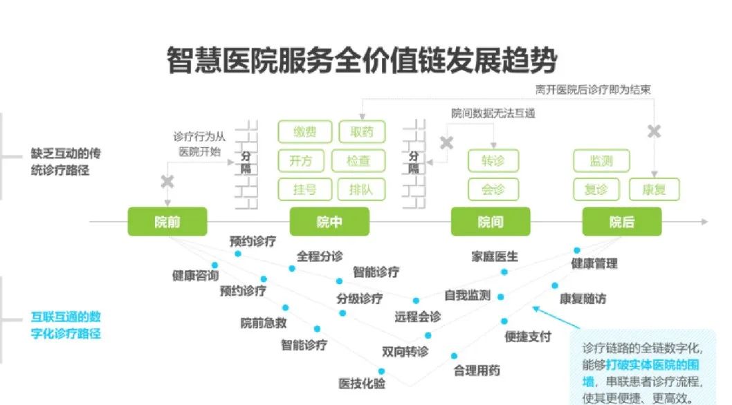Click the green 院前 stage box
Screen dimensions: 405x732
pos(167,222)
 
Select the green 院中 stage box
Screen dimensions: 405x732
pos(329,222)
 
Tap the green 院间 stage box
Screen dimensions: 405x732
pos(490,222)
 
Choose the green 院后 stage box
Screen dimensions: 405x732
pos(621,222)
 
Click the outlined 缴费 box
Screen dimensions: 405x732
pos(304,132)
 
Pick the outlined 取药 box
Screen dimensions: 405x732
pos(362,132)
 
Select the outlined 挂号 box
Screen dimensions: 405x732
pos(304,189)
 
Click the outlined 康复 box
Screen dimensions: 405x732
pos(654,189)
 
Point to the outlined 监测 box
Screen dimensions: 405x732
pos(602,161)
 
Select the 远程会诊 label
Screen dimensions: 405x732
pos(417,317)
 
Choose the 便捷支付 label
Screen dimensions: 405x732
pos(528,337)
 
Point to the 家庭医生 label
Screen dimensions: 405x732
pos(494,257)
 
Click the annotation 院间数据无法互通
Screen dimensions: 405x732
pos(493,113)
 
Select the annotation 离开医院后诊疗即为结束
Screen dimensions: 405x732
pos(592,89)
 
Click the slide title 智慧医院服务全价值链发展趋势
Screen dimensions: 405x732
pos(361,62)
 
